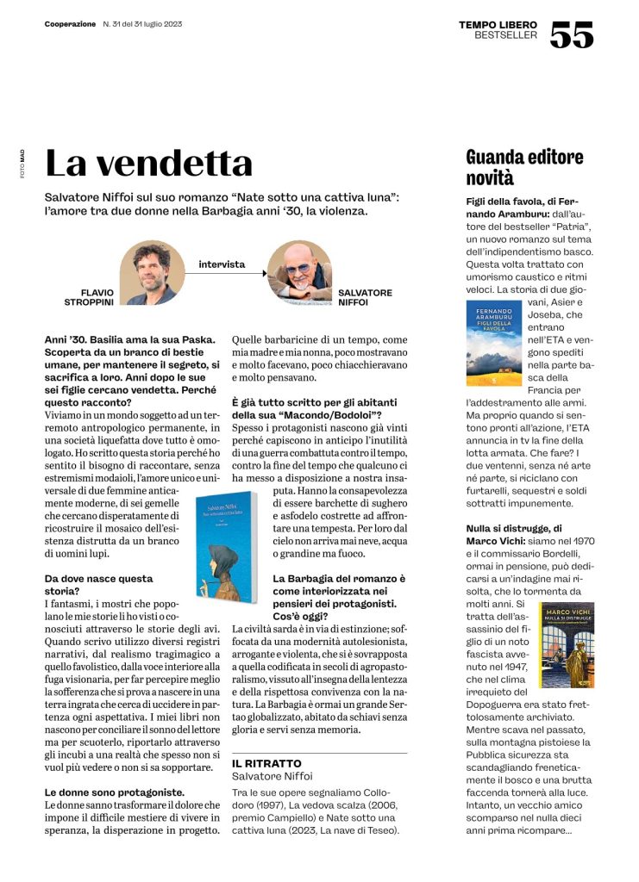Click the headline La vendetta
click(148, 163)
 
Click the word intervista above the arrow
click(222, 264)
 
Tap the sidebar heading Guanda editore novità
click(524, 167)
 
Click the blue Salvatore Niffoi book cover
click(223, 534)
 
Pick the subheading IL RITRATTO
click(266, 763)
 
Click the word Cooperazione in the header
click(71, 23)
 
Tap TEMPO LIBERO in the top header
click(498, 24)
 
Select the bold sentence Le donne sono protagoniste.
click(114, 792)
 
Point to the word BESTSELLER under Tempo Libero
click(505, 35)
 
